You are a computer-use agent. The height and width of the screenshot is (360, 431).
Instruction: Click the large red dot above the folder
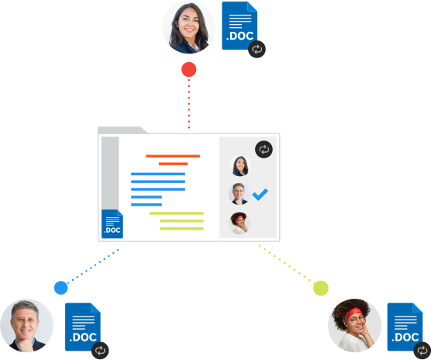coord(189,69)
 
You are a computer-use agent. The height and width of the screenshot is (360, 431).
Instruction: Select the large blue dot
coord(61,288)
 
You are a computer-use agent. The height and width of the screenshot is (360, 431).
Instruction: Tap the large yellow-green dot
coord(321,288)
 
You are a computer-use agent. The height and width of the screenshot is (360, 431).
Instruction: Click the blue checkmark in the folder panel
coord(260,195)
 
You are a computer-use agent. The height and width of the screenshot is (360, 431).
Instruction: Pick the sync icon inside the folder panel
coord(264,150)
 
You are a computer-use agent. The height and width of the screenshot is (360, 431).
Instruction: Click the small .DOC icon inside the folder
coord(112,224)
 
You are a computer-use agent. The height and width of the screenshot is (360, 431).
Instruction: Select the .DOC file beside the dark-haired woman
coord(240,26)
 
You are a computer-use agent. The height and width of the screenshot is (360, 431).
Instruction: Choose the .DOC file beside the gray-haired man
coord(83,327)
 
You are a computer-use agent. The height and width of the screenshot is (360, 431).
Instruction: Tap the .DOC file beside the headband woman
coord(405,327)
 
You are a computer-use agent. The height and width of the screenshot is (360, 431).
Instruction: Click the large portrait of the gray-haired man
coord(26,326)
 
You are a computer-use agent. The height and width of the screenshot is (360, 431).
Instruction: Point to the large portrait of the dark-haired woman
coord(189,27)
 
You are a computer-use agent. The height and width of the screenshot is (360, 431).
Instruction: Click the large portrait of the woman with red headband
coord(354,326)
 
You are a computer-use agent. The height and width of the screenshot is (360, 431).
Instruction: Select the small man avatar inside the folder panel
coord(239,194)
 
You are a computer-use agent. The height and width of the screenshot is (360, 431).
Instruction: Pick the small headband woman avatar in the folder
coord(240,223)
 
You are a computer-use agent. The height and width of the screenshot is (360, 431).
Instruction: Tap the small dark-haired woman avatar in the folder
coord(240,166)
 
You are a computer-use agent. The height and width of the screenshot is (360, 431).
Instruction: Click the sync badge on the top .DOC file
coord(257,49)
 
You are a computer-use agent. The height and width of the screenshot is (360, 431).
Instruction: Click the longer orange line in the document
coord(173,156)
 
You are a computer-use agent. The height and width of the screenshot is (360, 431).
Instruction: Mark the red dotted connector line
coord(189,104)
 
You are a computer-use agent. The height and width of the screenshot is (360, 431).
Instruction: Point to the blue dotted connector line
coord(93,266)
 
